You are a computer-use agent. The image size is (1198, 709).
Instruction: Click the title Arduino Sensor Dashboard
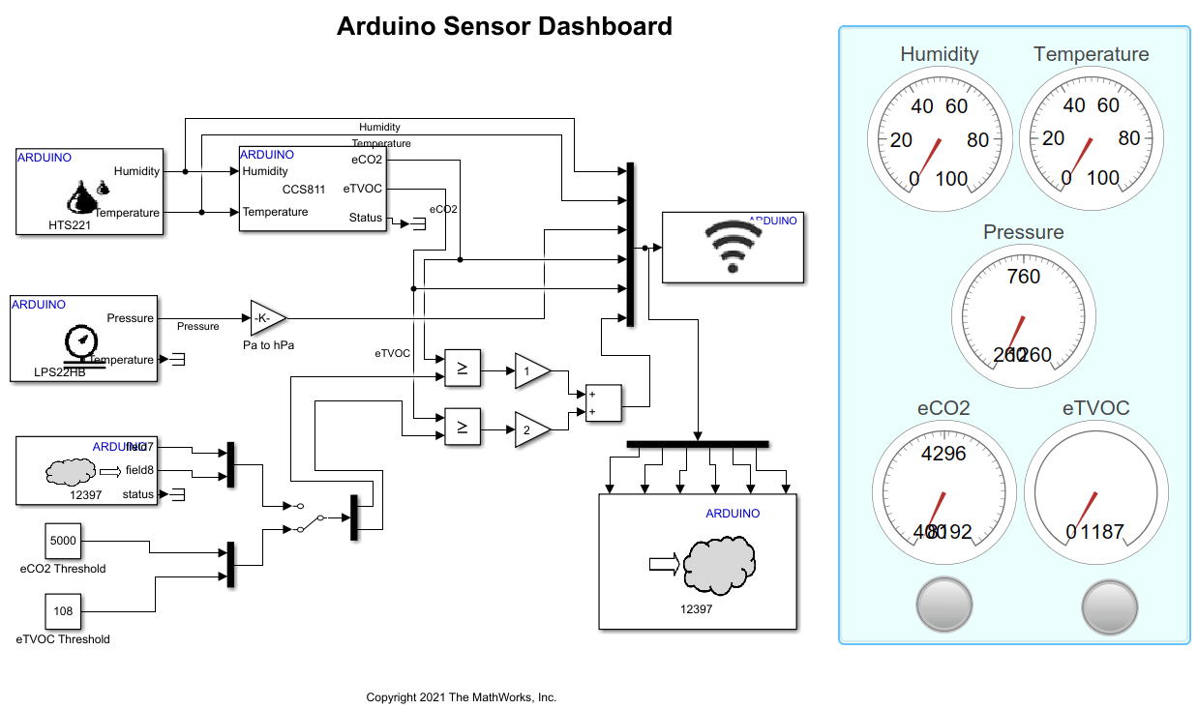[x=504, y=26]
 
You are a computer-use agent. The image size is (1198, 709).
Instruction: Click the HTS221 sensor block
[x=89, y=192]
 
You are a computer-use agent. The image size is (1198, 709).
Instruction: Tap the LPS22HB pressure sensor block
[x=83, y=339]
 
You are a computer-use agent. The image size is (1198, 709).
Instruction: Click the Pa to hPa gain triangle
[x=267, y=317]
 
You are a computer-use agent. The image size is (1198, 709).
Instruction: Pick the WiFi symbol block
[x=733, y=247]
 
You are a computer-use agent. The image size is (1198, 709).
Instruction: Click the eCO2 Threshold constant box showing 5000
[x=63, y=541]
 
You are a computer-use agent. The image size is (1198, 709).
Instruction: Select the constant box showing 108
[x=63, y=611]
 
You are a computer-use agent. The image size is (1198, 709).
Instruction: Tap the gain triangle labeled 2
[x=531, y=429]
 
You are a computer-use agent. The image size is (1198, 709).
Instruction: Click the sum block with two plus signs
[x=601, y=403]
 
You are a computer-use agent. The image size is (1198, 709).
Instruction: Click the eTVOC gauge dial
[x=1091, y=492]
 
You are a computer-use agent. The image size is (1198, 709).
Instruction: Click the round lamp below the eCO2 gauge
[x=943, y=606]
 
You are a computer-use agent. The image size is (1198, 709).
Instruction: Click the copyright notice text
[x=461, y=697]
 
